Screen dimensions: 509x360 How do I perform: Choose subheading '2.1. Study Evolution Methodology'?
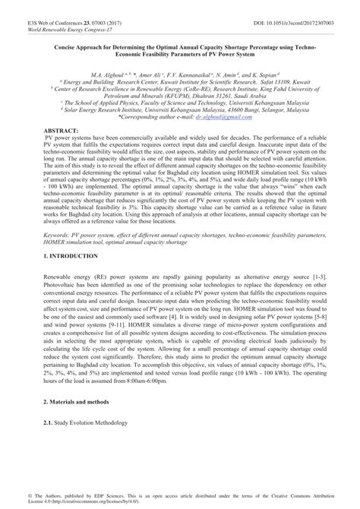click(87, 422)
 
